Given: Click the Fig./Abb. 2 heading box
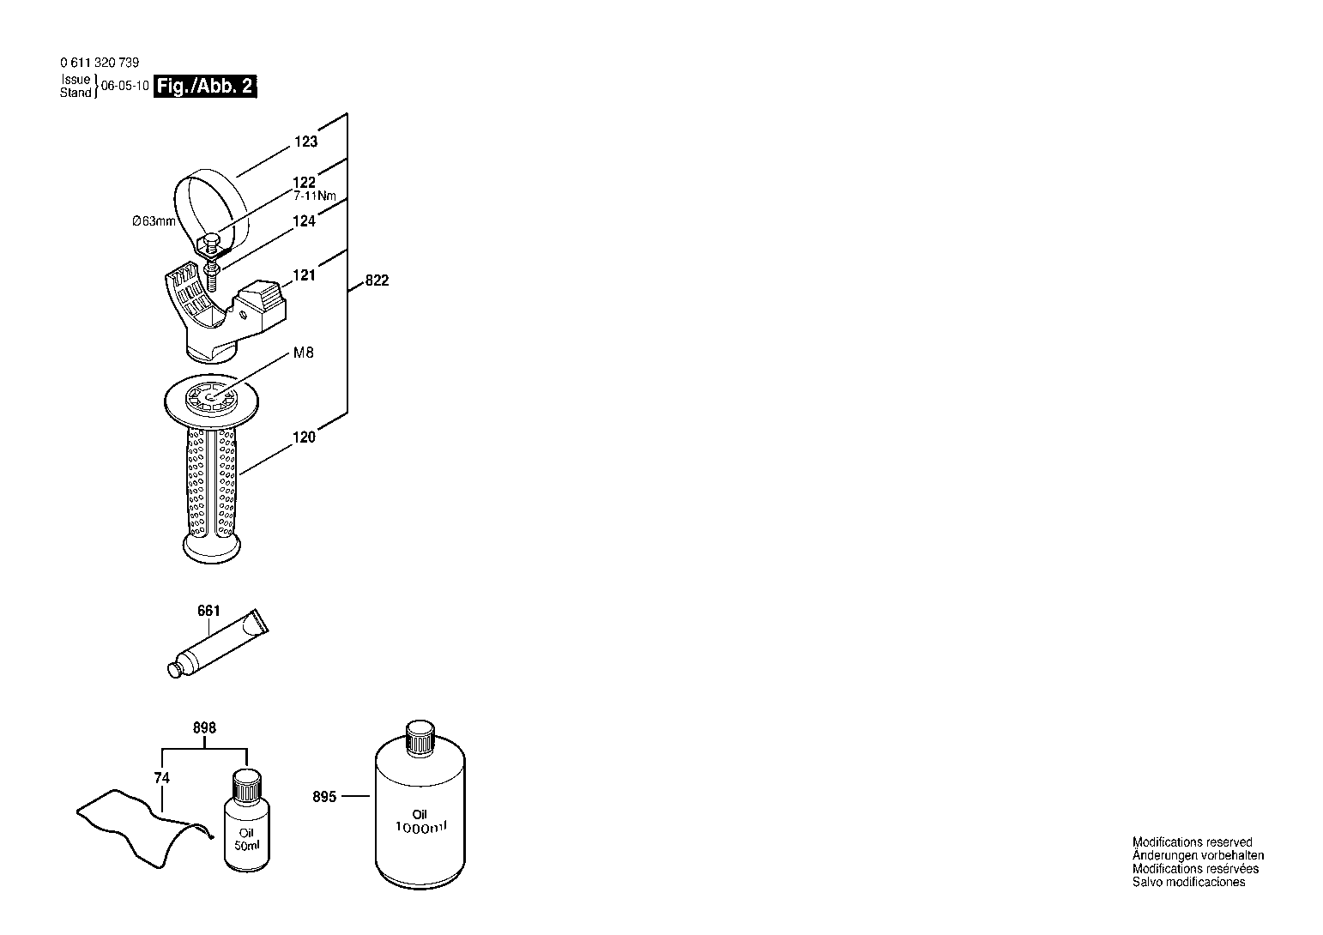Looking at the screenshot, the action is click(x=205, y=87).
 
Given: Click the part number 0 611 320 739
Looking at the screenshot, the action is click(x=100, y=63).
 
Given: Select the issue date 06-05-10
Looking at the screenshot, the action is click(x=125, y=86).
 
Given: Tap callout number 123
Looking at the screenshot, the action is click(x=306, y=142).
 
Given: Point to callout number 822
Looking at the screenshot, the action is click(x=377, y=280).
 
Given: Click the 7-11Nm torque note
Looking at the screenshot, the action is click(x=314, y=196).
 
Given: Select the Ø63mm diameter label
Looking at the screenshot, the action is click(x=154, y=221).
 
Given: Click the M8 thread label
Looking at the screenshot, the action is click(x=304, y=353).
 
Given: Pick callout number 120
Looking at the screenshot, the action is click(x=305, y=437).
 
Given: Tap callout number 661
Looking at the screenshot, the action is click(x=208, y=611).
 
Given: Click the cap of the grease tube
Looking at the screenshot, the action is click(x=175, y=670).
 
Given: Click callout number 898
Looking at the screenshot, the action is click(x=204, y=727).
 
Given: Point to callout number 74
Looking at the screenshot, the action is click(x=162, y=778).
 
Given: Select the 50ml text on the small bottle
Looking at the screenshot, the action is click(x=247, y=846).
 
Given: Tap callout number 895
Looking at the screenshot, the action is click(x=324, y=797).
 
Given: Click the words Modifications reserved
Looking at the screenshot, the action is click(x=1192, y=842).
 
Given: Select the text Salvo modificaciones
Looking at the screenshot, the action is click(x=1188, y=882).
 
